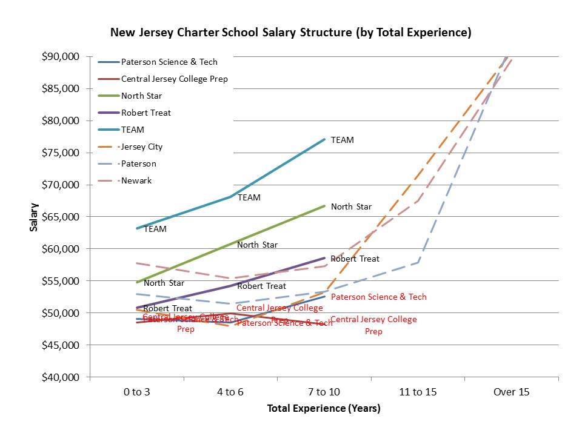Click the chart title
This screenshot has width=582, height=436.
point(290,32)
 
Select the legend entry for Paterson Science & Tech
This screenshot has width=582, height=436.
point(169,62)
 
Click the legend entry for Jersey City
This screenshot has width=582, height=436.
point(142,147)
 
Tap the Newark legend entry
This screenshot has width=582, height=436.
point(136,180)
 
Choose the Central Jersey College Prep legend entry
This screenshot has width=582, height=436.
point(174,79)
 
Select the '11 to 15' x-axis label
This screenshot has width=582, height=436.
point(418,392)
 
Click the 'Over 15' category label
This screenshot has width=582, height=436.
point(511,392)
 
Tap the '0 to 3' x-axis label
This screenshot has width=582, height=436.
point(137,392)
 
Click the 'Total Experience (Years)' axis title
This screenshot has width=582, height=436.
point(324,409)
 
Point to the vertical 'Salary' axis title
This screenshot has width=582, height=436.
point(34,217)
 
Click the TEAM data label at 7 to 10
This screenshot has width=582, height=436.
point(342,140)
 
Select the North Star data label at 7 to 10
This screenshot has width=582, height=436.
point(351,206)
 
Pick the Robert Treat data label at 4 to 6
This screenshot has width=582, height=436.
point(261,286)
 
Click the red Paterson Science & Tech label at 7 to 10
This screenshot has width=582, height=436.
point(378,297)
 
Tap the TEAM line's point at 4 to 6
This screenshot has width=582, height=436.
point(231,196)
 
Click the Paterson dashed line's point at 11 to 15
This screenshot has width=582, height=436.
point(418,262)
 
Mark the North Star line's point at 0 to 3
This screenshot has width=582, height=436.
point(138,282)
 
